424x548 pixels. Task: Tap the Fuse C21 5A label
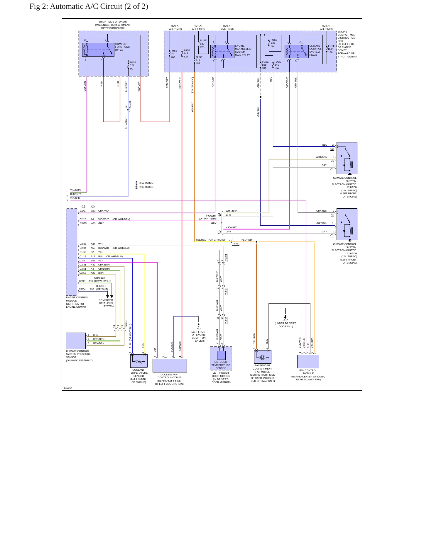coord(133,66)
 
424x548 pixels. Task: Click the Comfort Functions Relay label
coord(122,47)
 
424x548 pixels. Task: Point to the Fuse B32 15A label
coord(331,49)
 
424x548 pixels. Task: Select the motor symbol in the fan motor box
coord(263,357)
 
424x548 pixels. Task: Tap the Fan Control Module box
coord(308,362)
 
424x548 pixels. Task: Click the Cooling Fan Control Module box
coord(170,366)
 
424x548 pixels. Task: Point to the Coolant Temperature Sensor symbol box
coord(139,361)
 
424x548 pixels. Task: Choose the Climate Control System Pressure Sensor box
coord(76,341)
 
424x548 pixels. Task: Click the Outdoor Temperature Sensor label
coord(221,365)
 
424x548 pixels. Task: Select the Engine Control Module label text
coord(77,302)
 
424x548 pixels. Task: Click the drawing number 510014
coord(68,388)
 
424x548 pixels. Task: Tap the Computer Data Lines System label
coord(106,303)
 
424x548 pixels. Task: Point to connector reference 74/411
coord(236,244)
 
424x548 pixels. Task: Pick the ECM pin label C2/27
coord(83,211)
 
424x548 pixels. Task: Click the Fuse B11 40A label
coord(199,60)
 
